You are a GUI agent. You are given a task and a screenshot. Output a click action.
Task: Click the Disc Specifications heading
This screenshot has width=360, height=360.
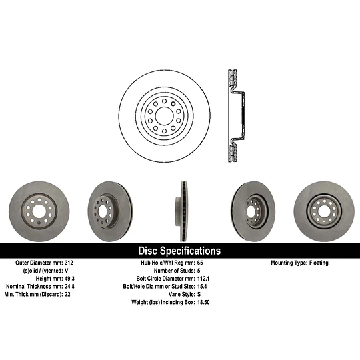click(x=179, y=251)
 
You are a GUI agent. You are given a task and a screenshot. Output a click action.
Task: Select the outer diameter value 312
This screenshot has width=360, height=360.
click(x=69, y=263)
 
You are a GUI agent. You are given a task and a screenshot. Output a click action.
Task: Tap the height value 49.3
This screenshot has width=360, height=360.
click(x=69, y=279)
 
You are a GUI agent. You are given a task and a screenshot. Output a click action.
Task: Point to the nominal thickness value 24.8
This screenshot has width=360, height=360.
click(x=69, y=286)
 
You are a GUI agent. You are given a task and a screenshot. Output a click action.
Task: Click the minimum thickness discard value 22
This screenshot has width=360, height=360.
click(x=67, y=295)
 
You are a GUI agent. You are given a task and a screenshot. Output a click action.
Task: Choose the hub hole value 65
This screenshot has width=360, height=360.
click(x=200, y=263)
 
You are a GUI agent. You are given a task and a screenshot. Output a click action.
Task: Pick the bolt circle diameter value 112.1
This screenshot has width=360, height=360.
click(x=203, y=279)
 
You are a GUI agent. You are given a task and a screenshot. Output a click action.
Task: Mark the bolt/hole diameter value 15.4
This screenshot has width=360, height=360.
click(x=202, y=286)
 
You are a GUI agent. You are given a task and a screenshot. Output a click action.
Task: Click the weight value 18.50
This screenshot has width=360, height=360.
click(x=203, y=302)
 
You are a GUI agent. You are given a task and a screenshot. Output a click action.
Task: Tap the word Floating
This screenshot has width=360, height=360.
click(x=319, y=263)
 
